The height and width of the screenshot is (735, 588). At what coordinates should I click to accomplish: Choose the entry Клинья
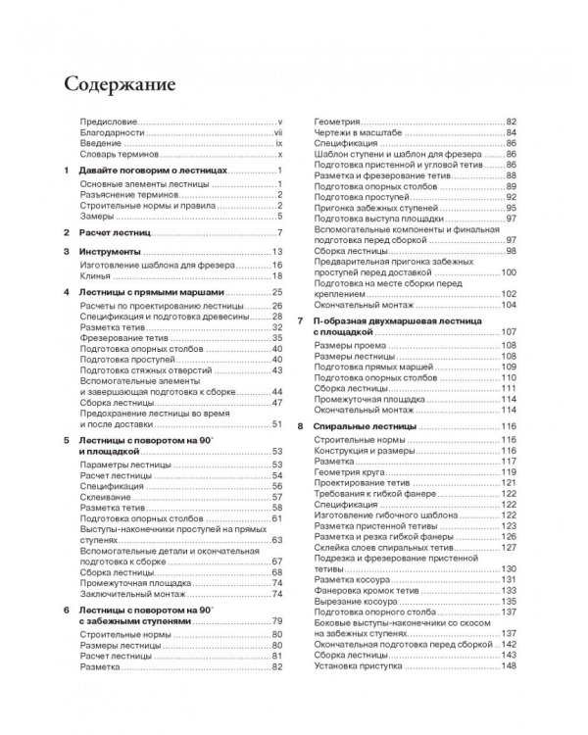click(94, 277)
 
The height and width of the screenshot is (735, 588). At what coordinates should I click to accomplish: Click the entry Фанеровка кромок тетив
click(370, 590)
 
